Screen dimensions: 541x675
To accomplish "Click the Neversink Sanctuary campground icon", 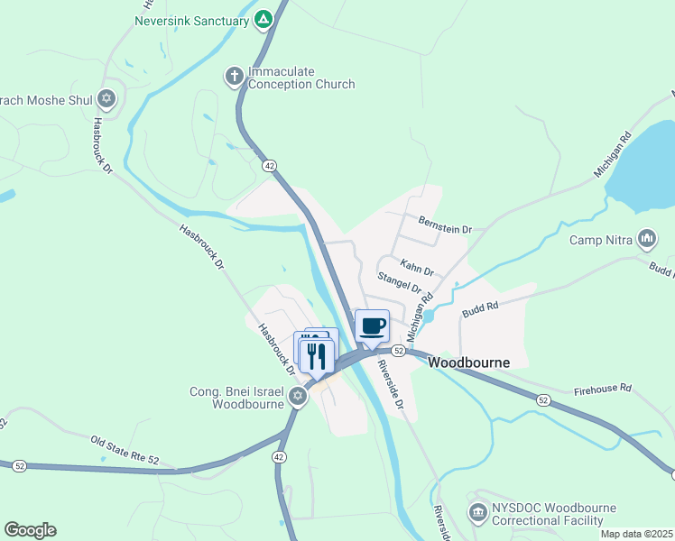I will point(263,19).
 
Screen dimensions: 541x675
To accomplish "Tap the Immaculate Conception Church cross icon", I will point(234,77).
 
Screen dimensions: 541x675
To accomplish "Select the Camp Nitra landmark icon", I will point(646,240).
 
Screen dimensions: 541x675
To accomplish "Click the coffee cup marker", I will point(372,326).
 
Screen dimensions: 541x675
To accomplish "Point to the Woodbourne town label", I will point(468,362).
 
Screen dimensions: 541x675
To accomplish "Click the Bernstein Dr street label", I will point(445,230).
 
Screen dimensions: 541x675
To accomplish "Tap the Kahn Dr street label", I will point(417,270).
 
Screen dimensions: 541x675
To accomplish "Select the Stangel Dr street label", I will point(400,282).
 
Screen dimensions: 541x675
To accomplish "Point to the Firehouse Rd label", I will point(603,390).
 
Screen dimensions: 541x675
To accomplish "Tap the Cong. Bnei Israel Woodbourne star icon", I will point(298,395).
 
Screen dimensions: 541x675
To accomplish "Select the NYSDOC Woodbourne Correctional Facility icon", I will point(478,513).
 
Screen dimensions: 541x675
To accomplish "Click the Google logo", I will point(30,530).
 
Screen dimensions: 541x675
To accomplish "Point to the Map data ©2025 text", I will point(635,534).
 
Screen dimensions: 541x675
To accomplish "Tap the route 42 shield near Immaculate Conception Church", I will point(270,166).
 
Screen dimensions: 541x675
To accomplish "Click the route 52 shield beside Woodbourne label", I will point(397,350).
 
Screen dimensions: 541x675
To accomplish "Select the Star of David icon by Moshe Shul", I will point(107,98).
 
